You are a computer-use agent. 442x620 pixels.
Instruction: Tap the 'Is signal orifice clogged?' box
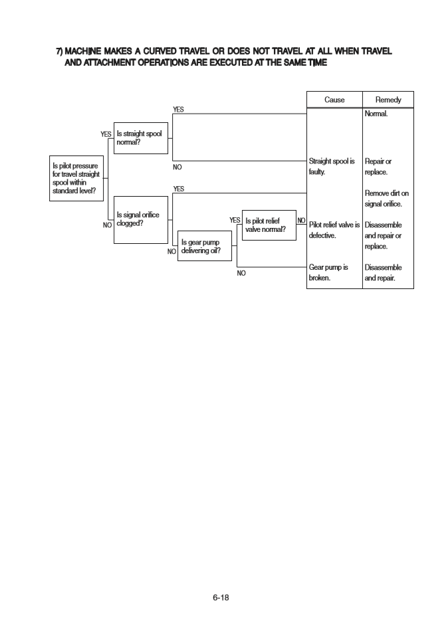[142, 219]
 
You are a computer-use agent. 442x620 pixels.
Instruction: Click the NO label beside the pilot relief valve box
[301, 220]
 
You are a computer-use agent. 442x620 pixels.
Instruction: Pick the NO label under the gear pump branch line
[242, 272]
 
